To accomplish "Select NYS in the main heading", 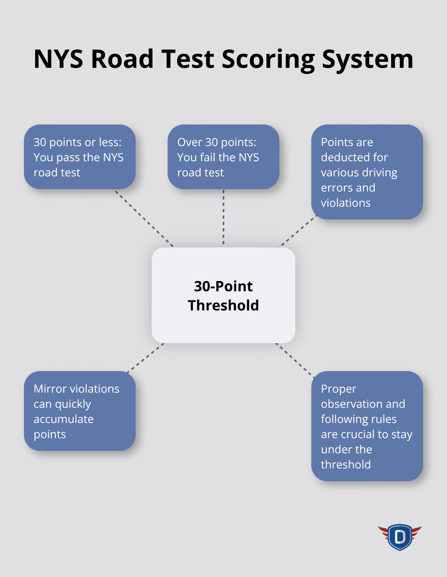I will [x=58, y=59].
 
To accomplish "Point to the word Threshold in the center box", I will [x=223, y=305].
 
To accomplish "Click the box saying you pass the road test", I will [x=80, y=157].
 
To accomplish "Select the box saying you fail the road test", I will [x=223, y=157].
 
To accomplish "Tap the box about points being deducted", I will [x=367, y=172].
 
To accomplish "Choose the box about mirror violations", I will [x=80, y=411].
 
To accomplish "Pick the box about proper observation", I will [x=367, y=426].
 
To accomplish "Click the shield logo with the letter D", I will [x=400, y=537].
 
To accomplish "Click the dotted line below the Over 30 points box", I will [x=223, y=217].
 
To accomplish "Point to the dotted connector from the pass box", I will [x=144, y=218].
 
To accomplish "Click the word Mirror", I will [x=49, y=389].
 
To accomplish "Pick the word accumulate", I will [x=63, y=419].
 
